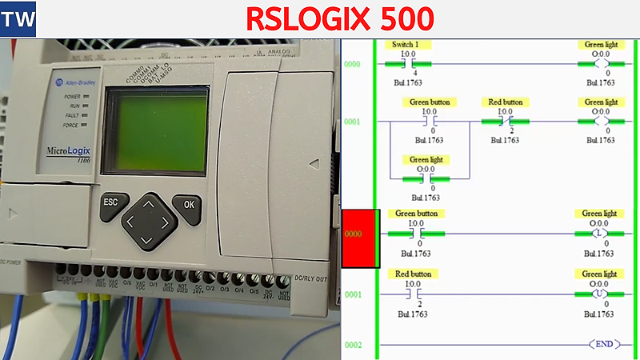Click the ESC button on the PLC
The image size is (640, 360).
110,202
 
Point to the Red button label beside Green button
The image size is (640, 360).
506,102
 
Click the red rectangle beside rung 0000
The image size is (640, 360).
360,238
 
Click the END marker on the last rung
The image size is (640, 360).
604,344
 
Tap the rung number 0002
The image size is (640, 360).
353,345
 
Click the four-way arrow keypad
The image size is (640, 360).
148,219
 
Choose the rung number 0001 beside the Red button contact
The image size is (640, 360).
353,294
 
